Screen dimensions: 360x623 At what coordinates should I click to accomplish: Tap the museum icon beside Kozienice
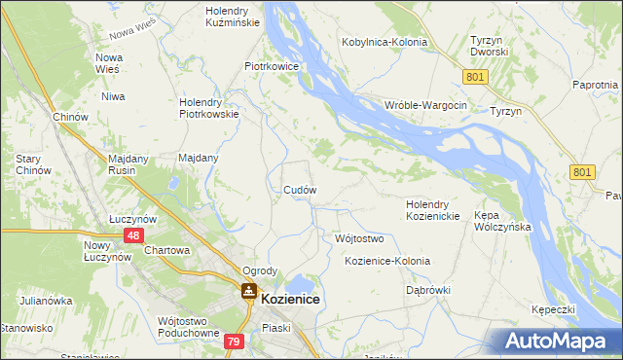(249, 291)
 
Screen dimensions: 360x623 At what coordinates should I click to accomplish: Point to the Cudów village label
(298, 190)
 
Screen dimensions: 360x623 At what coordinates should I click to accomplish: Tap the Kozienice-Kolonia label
(387, 262)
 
